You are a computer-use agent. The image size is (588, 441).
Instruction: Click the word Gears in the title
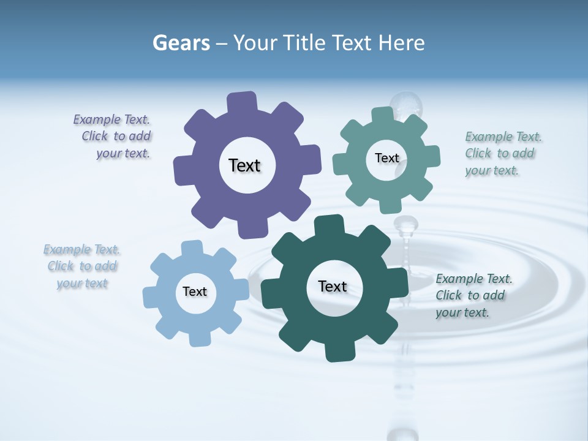pyautogui.click(x=181, y=43)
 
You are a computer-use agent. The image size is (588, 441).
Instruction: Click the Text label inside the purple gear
pyautogui.click(x=244, y=165)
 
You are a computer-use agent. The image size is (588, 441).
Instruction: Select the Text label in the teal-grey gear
pyautogui.click(x=386, y=158)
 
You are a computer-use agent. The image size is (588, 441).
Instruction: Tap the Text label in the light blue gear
pyautogui.click(x=195, y=292)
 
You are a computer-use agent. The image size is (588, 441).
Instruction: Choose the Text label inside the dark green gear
pyautogui.click(x=333, y=286)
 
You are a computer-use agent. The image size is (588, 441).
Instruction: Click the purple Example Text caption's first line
pyautogui.click(x=111, y=119)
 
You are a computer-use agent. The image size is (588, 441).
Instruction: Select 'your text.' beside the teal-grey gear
pyautogui.click(x=492, y=171)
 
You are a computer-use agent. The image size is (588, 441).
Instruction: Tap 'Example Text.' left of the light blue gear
pyautogui.click(x=81, y=249)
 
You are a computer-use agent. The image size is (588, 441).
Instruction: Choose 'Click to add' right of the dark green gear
pyautogui.click(x=470, y=295)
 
